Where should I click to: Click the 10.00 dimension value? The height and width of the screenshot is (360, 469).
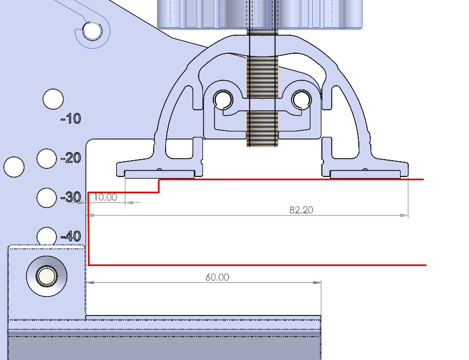105,197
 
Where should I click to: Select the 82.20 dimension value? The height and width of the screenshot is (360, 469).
301,210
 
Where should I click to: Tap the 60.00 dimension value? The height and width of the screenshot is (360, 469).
218,277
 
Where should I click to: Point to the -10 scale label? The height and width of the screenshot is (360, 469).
71,119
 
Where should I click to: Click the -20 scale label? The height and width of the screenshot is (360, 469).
71,158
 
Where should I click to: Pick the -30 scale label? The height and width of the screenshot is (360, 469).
71,197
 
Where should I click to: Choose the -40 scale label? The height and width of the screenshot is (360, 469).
71,236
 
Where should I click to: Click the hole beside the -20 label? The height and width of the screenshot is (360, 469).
47,159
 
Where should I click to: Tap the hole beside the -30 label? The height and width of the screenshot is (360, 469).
47,198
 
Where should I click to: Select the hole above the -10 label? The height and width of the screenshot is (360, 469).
53,99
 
